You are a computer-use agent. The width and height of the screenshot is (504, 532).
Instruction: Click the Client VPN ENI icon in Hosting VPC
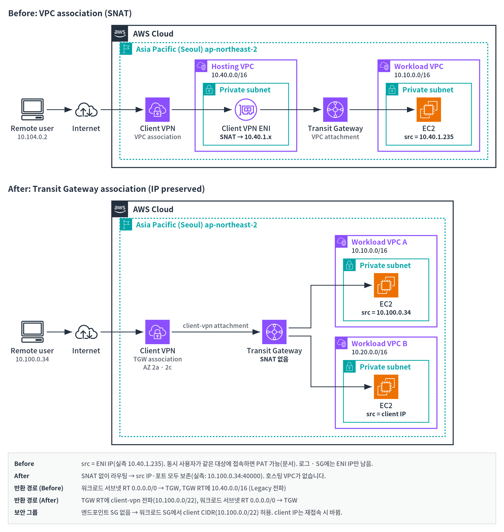click(245, 110)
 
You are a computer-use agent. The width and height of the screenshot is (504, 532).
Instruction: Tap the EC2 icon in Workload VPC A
click(386, 285)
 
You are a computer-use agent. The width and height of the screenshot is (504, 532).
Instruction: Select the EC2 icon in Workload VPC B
click(386, 386)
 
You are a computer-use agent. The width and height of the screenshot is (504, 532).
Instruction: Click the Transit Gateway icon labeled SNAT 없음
click(274, 332)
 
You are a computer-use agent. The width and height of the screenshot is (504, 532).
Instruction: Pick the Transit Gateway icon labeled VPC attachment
click(335, 110)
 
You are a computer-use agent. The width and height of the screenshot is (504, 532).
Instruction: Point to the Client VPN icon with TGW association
click(157, 332)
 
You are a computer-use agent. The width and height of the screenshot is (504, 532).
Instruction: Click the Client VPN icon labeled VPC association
click(157, 110)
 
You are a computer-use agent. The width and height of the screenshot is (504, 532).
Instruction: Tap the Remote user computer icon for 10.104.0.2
click(32, 109)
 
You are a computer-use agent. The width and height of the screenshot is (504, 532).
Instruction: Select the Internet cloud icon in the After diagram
click(86, 332)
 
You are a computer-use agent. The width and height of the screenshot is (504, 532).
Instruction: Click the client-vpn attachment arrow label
click(215, 326)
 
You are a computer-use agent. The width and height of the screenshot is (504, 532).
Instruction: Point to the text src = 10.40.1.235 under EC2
click(428, 137)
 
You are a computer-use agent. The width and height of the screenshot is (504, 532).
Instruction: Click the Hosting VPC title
click(232, 66)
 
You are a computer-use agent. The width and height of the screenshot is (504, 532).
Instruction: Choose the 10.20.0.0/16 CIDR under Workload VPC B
click(369, 352)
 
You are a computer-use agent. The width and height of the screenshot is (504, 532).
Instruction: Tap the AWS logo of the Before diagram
click(120, 33)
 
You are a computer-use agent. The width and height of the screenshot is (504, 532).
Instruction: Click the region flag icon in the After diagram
click(126, 224)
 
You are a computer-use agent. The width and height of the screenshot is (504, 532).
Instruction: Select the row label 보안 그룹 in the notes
click(26, 512)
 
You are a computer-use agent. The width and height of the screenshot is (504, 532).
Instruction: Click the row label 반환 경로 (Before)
click(39, 488)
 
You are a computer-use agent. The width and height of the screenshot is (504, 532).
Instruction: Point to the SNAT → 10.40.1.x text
click(245, 137)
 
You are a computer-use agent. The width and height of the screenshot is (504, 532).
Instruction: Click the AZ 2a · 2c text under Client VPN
click(157, 367)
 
